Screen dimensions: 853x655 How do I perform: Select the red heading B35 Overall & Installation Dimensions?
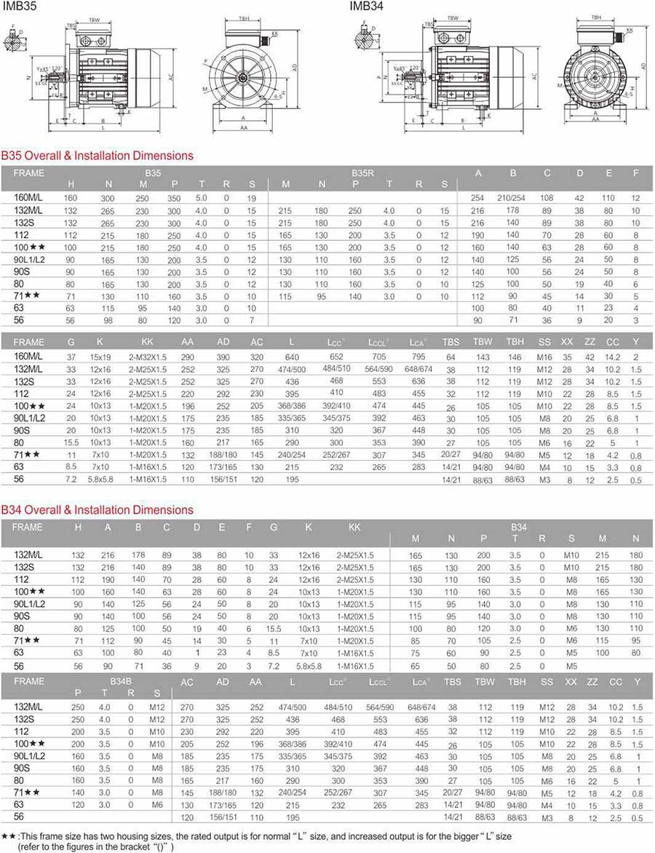click(98, 155)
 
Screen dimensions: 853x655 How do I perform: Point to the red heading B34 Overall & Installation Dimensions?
click(98, 510)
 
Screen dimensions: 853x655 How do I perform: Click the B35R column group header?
click(362, 173)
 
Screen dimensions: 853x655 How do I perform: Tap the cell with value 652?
click(336, 357)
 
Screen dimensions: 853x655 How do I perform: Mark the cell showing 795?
click(418, 357)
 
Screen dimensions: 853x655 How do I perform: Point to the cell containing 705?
click(379, 357)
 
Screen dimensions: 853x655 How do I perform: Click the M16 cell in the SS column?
click(545, 357)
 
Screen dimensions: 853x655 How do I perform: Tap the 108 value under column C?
click(547, 198)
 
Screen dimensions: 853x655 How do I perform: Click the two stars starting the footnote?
click(9, 837)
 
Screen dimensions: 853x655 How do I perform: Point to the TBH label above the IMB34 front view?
click(596, 16)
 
